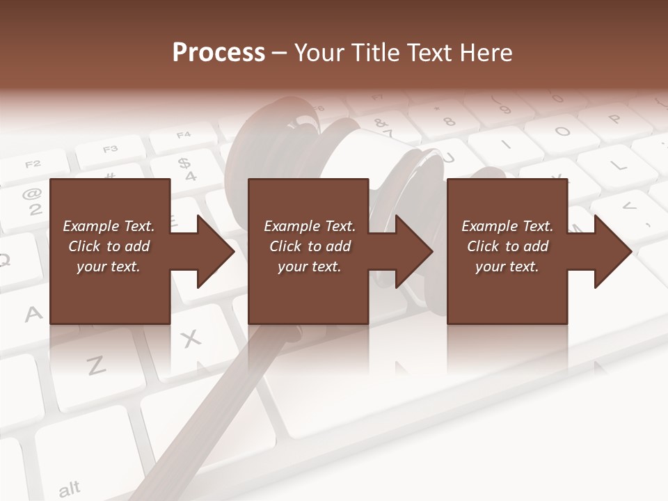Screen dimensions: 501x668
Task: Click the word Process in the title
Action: pos(218,53)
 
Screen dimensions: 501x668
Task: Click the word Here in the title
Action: pos(486,53)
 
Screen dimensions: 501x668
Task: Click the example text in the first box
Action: pos(109,246)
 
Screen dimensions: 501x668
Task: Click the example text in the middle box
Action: pos(309,246)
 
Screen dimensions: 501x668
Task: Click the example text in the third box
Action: pos(507,246)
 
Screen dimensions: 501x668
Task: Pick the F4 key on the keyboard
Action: pos(182,136)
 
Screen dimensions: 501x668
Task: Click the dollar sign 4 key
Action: pos(185,168)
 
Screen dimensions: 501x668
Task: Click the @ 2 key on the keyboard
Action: pos(31,202)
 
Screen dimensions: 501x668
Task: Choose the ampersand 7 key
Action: pos(384,127)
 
